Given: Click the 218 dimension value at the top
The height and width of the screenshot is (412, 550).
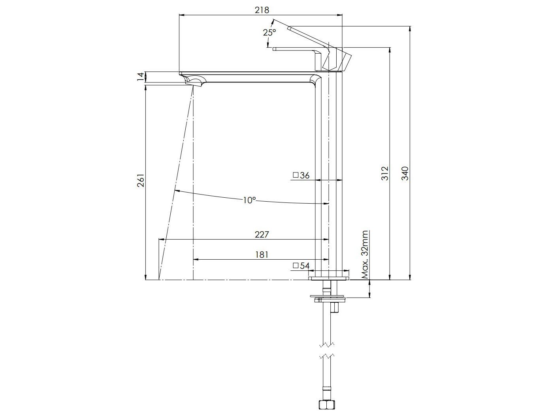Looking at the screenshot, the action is [262, 10].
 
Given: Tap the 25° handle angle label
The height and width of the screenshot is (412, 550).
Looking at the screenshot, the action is [269, 32].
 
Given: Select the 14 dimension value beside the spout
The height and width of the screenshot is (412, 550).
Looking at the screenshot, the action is [141, 77].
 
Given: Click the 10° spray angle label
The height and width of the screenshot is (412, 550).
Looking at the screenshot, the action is [250, 200].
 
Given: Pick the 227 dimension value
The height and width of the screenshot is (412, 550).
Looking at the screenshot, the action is [262, 234].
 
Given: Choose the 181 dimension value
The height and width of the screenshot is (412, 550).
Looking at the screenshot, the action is [262, 255].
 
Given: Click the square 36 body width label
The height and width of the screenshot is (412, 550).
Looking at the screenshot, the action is [301, 175].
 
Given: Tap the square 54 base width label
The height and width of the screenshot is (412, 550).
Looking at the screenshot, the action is [301, 266].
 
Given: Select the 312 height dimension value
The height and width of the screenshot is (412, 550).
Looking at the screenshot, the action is [384, 173].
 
